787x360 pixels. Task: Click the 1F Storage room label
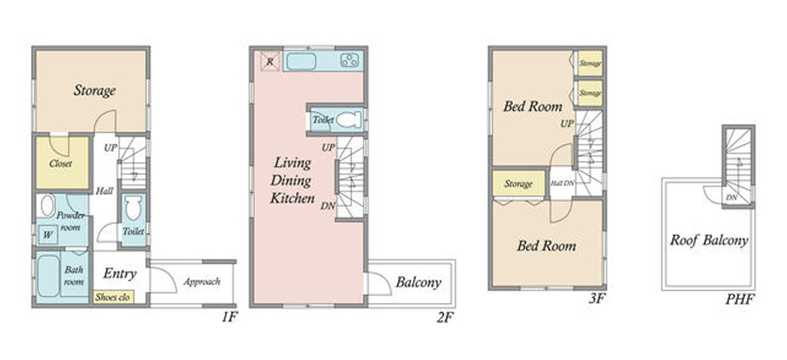pos(95,91)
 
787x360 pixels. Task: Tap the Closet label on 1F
pos(60,163)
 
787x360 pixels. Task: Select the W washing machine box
pos(48,234)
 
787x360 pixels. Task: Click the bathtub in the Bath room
pos(49,276)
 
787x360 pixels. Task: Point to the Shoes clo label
pos(112,297)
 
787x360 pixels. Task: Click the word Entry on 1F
pos(120,273)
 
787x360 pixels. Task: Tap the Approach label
pos(202,282)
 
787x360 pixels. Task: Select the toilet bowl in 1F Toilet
pos(133,208)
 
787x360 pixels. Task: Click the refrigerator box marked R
pos(270,61)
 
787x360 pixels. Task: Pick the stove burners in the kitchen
pos(350,60)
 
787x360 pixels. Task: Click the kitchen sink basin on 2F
pos(301,62)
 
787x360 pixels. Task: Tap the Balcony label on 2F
pos(418,283)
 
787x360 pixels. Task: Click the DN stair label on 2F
pos(327,206)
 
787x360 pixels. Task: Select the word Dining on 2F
pos(291,181)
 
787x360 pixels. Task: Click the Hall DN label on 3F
pos(562,183)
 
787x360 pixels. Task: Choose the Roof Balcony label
pos(709,240)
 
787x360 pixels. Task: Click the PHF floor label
pos(740,299)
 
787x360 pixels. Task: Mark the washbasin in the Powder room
pos(47,206)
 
